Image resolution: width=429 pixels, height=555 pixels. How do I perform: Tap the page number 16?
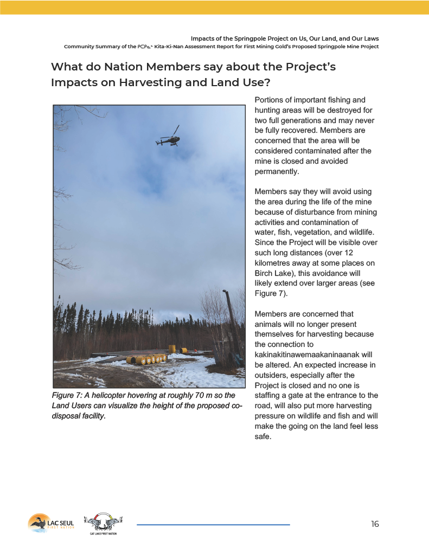coord(375,524)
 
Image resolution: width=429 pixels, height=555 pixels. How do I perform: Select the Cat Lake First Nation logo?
coord(103,524)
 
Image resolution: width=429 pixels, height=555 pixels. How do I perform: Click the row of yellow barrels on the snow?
coord(150,359)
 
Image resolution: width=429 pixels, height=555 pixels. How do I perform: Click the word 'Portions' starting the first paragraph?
coord(270,100)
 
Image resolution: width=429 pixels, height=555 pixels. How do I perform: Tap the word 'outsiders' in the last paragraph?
coord(271,375)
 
